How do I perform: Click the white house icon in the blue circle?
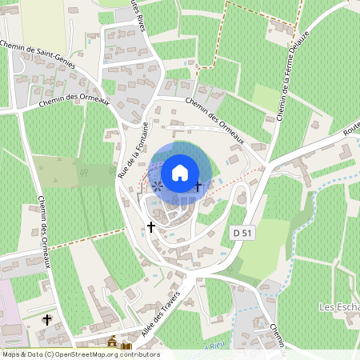coord(180,172)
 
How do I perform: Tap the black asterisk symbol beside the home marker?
coord(158,186)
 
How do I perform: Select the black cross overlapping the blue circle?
coord(199,186)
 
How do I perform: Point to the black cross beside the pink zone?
coord(47,320)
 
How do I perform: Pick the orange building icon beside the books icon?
coord(112,342)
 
